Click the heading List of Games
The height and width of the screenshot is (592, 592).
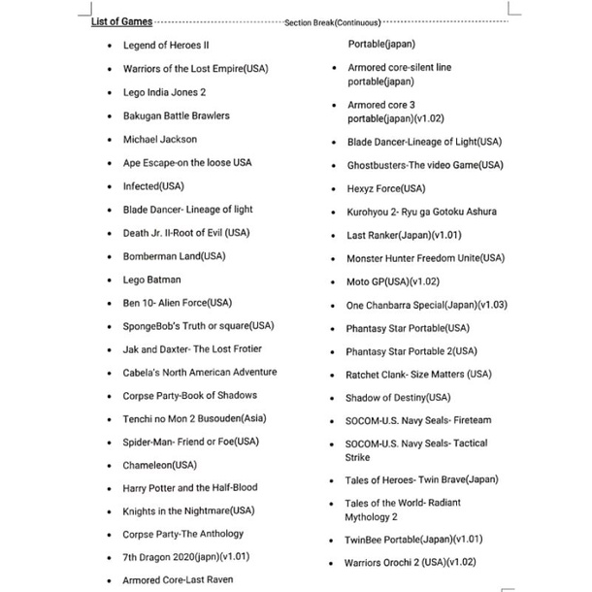pyautogui.click(x=121, y=21)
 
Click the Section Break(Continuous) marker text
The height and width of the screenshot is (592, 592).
pyautogui.click(x=333, y=22)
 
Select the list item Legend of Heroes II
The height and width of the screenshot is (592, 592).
pyautogui.click(x=166, y=45)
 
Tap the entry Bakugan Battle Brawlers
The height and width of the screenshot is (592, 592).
pyautogui.click(x=176, y=115)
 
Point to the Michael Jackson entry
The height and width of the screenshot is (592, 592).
pyautogui.click(x=159, y=139)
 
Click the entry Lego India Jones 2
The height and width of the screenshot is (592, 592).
pyautogui.click(x=164, y=92)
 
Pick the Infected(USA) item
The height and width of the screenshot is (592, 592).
pyautogui.click(x=153, y=185)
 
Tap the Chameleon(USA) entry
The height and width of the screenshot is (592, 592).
pyautogui.click(x=159, y=465)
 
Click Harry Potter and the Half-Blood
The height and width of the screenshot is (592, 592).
pyautogui.click(x=190, y=488)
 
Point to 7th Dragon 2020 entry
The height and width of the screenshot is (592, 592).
pyautogui.click(x=185, y=557)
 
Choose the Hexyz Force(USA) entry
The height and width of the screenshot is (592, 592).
pyautogui.click(x=385, y=188)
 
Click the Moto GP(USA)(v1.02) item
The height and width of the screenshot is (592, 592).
pyautogui.click(x=393, y=281)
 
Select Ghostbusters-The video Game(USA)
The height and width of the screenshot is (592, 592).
pyautogui.click(x=423, y=165)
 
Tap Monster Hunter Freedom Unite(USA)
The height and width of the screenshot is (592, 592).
pyautogui.click(x=425, y=258)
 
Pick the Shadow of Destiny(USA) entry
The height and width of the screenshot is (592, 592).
pyautogui.click(x=398, y=398)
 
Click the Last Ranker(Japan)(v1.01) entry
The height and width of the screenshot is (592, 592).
pyautogui.click(x=403, y=235)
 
